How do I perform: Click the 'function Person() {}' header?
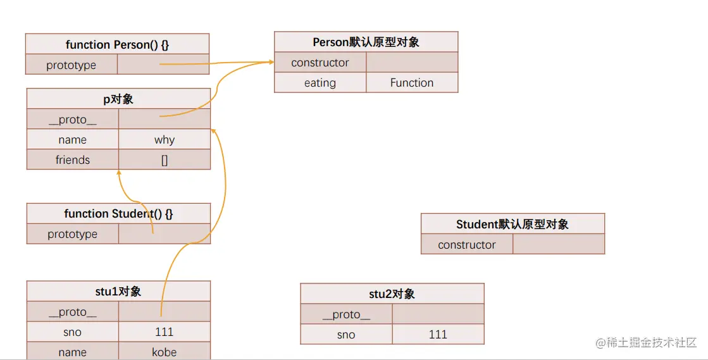tap(117, 45)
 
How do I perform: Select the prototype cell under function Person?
tap(71, 65)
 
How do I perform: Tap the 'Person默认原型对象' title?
tap(366, 42)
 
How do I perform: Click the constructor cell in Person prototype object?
tap(320, 63)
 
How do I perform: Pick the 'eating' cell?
tap(320, 83)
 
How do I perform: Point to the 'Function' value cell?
tap(412, 83)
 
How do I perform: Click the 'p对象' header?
tap(118, 99)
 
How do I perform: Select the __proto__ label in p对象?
tap(73, 120)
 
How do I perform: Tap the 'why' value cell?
tap(165, 140)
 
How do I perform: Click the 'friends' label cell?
tap(73, 160)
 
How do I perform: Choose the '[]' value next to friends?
tap(165, 160)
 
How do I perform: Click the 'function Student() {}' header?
tap(118, 214)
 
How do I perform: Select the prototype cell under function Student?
tap(73, 234)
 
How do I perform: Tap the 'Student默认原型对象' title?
tap(512, 225)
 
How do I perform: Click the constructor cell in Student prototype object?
tap(467, 245)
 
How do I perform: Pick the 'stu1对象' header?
tap(118, 292)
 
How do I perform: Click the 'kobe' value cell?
tap(165, 352)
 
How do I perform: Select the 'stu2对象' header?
tap(392, 294)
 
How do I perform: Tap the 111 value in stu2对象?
tap(438, 335)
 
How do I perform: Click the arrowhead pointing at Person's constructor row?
tap(271, 62)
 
